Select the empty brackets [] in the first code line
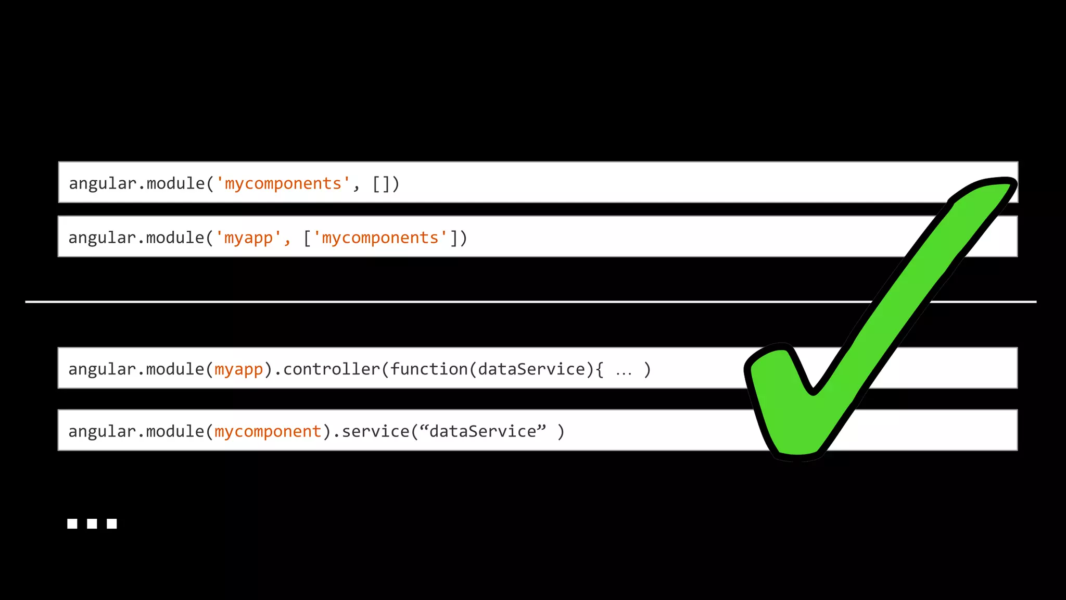(382, 184)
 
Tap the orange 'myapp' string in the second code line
(249, 238)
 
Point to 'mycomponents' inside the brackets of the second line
(380, 238)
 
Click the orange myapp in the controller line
(239, 369)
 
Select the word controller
(332, 369)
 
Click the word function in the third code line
(429, 369)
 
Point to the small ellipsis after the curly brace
(624, 372)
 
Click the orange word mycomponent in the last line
(268, 432)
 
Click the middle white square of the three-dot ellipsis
(92, 523)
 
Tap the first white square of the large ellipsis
(72, 523)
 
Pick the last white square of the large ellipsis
(112, 523)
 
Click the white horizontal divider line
(416, 302)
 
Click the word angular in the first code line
(102, 184)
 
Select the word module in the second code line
(175, 238)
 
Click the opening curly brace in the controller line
(600, 369)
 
